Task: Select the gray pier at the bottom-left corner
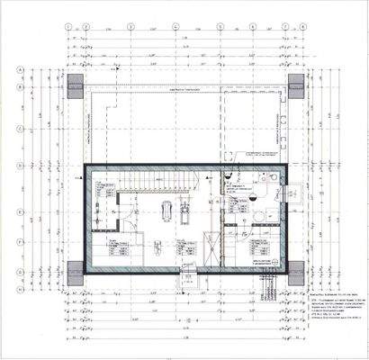75,272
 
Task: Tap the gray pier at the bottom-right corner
296,272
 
